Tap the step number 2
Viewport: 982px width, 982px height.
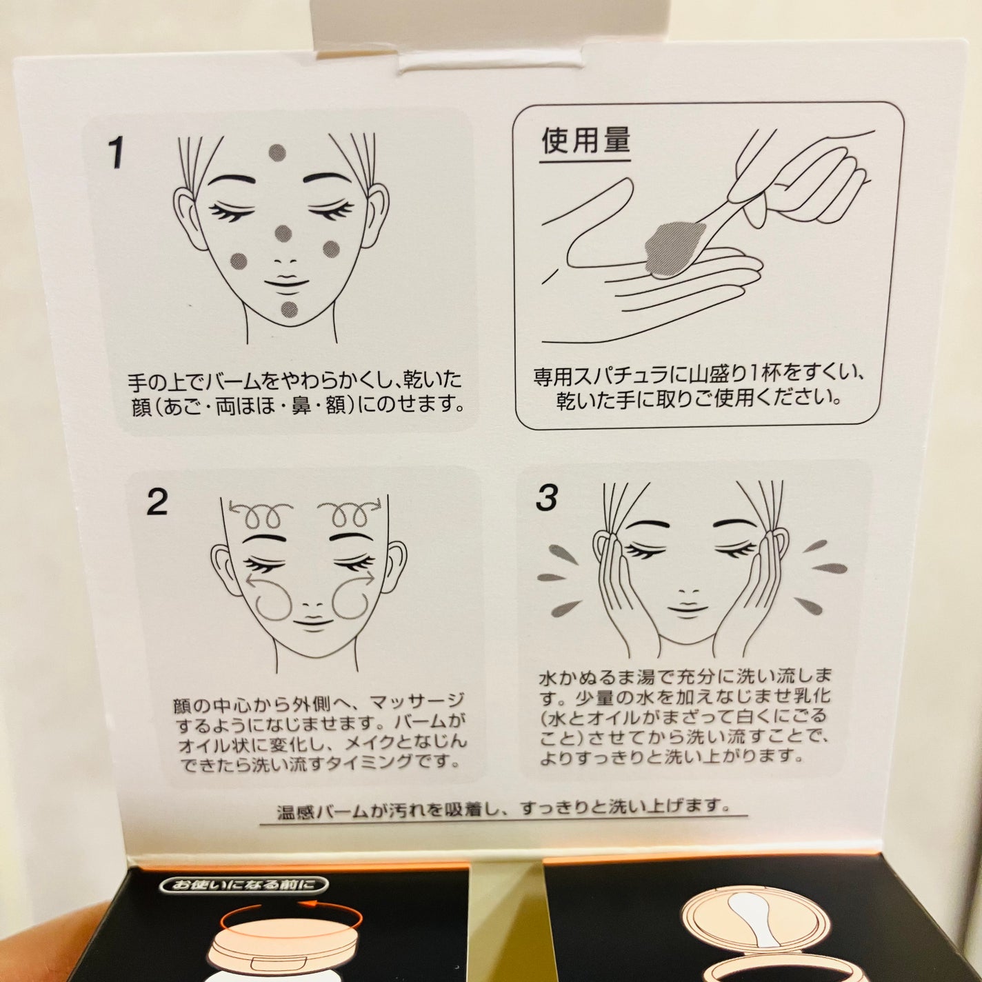(x=157, y=502)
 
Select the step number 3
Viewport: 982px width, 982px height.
(x=546, y=498)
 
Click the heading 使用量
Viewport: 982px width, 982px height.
(x=585, y=142)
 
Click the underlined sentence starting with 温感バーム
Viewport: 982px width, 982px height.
(x=503, y=805)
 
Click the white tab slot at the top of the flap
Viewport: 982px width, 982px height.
(x=442, y=64)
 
